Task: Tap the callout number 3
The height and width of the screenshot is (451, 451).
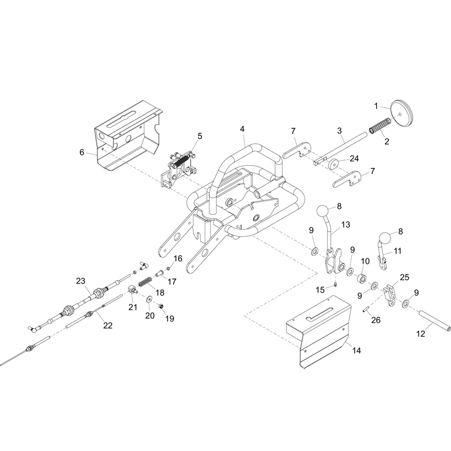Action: [340, 131]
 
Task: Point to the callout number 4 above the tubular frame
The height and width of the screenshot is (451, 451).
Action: [242, 129]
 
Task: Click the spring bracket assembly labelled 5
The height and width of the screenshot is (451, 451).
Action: [178, 170]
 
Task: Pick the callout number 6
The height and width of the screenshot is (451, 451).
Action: [82, 152]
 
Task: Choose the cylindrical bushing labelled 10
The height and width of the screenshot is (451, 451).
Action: [362, 279]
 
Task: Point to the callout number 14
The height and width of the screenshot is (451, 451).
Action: [357, 351]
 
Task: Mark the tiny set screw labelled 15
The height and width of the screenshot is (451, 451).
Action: [335, 285]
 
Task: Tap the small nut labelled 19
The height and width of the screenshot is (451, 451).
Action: [162, 306]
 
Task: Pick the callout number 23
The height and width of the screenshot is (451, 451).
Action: [81, 281]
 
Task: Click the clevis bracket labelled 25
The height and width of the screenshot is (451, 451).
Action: [391, 296]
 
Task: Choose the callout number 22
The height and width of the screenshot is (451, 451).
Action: [108, 325]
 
